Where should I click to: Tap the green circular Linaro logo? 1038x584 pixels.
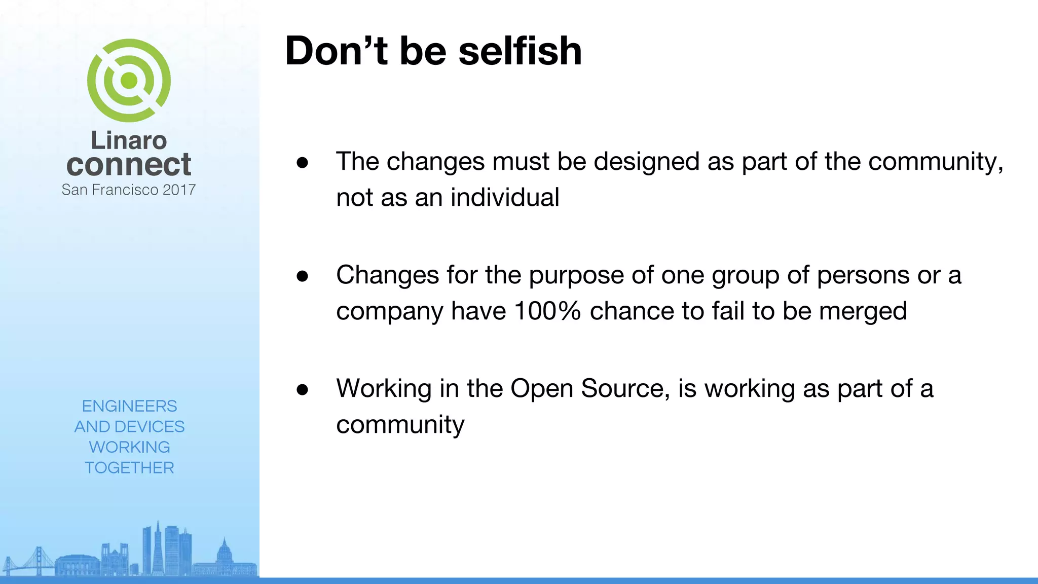[129, 81]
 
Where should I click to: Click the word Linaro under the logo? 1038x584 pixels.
[129, 140]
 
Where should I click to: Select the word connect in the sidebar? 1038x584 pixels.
[129, 165]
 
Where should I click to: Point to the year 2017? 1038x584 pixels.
[179, 190]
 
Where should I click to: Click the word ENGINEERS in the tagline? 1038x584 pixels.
[129, 406]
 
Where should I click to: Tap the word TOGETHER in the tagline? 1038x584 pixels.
[129, 467]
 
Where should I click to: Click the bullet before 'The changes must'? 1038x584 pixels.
[303, 162]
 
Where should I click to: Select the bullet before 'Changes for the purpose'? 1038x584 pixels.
[303, 276]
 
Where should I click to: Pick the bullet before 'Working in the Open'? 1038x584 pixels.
[303, 389]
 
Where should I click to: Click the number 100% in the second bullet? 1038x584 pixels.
[547, 311]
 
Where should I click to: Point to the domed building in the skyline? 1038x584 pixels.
[224, 553]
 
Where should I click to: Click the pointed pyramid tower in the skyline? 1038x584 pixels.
[158, 547]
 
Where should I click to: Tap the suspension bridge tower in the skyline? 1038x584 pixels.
[38, 560]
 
